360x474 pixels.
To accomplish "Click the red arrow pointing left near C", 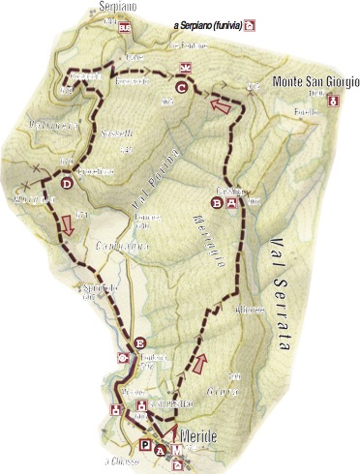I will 223,105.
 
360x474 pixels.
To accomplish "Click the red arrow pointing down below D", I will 67,226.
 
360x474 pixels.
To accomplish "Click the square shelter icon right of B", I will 232,202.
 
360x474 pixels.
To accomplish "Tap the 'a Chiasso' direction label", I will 124,460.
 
